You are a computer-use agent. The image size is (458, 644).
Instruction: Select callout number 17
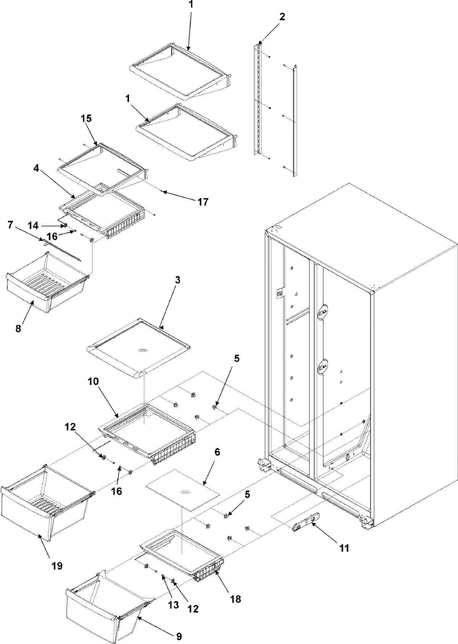[x=203, y=201]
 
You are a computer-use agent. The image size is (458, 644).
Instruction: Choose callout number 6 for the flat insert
[x=217, y=452]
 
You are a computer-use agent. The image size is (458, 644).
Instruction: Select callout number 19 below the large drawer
[x=57, y=566]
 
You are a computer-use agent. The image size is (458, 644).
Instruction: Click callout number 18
[x=235, y=599]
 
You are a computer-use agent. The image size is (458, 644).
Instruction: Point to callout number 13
[x=173, y=605]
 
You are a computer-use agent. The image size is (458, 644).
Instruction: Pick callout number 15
[x=86, y=118]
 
